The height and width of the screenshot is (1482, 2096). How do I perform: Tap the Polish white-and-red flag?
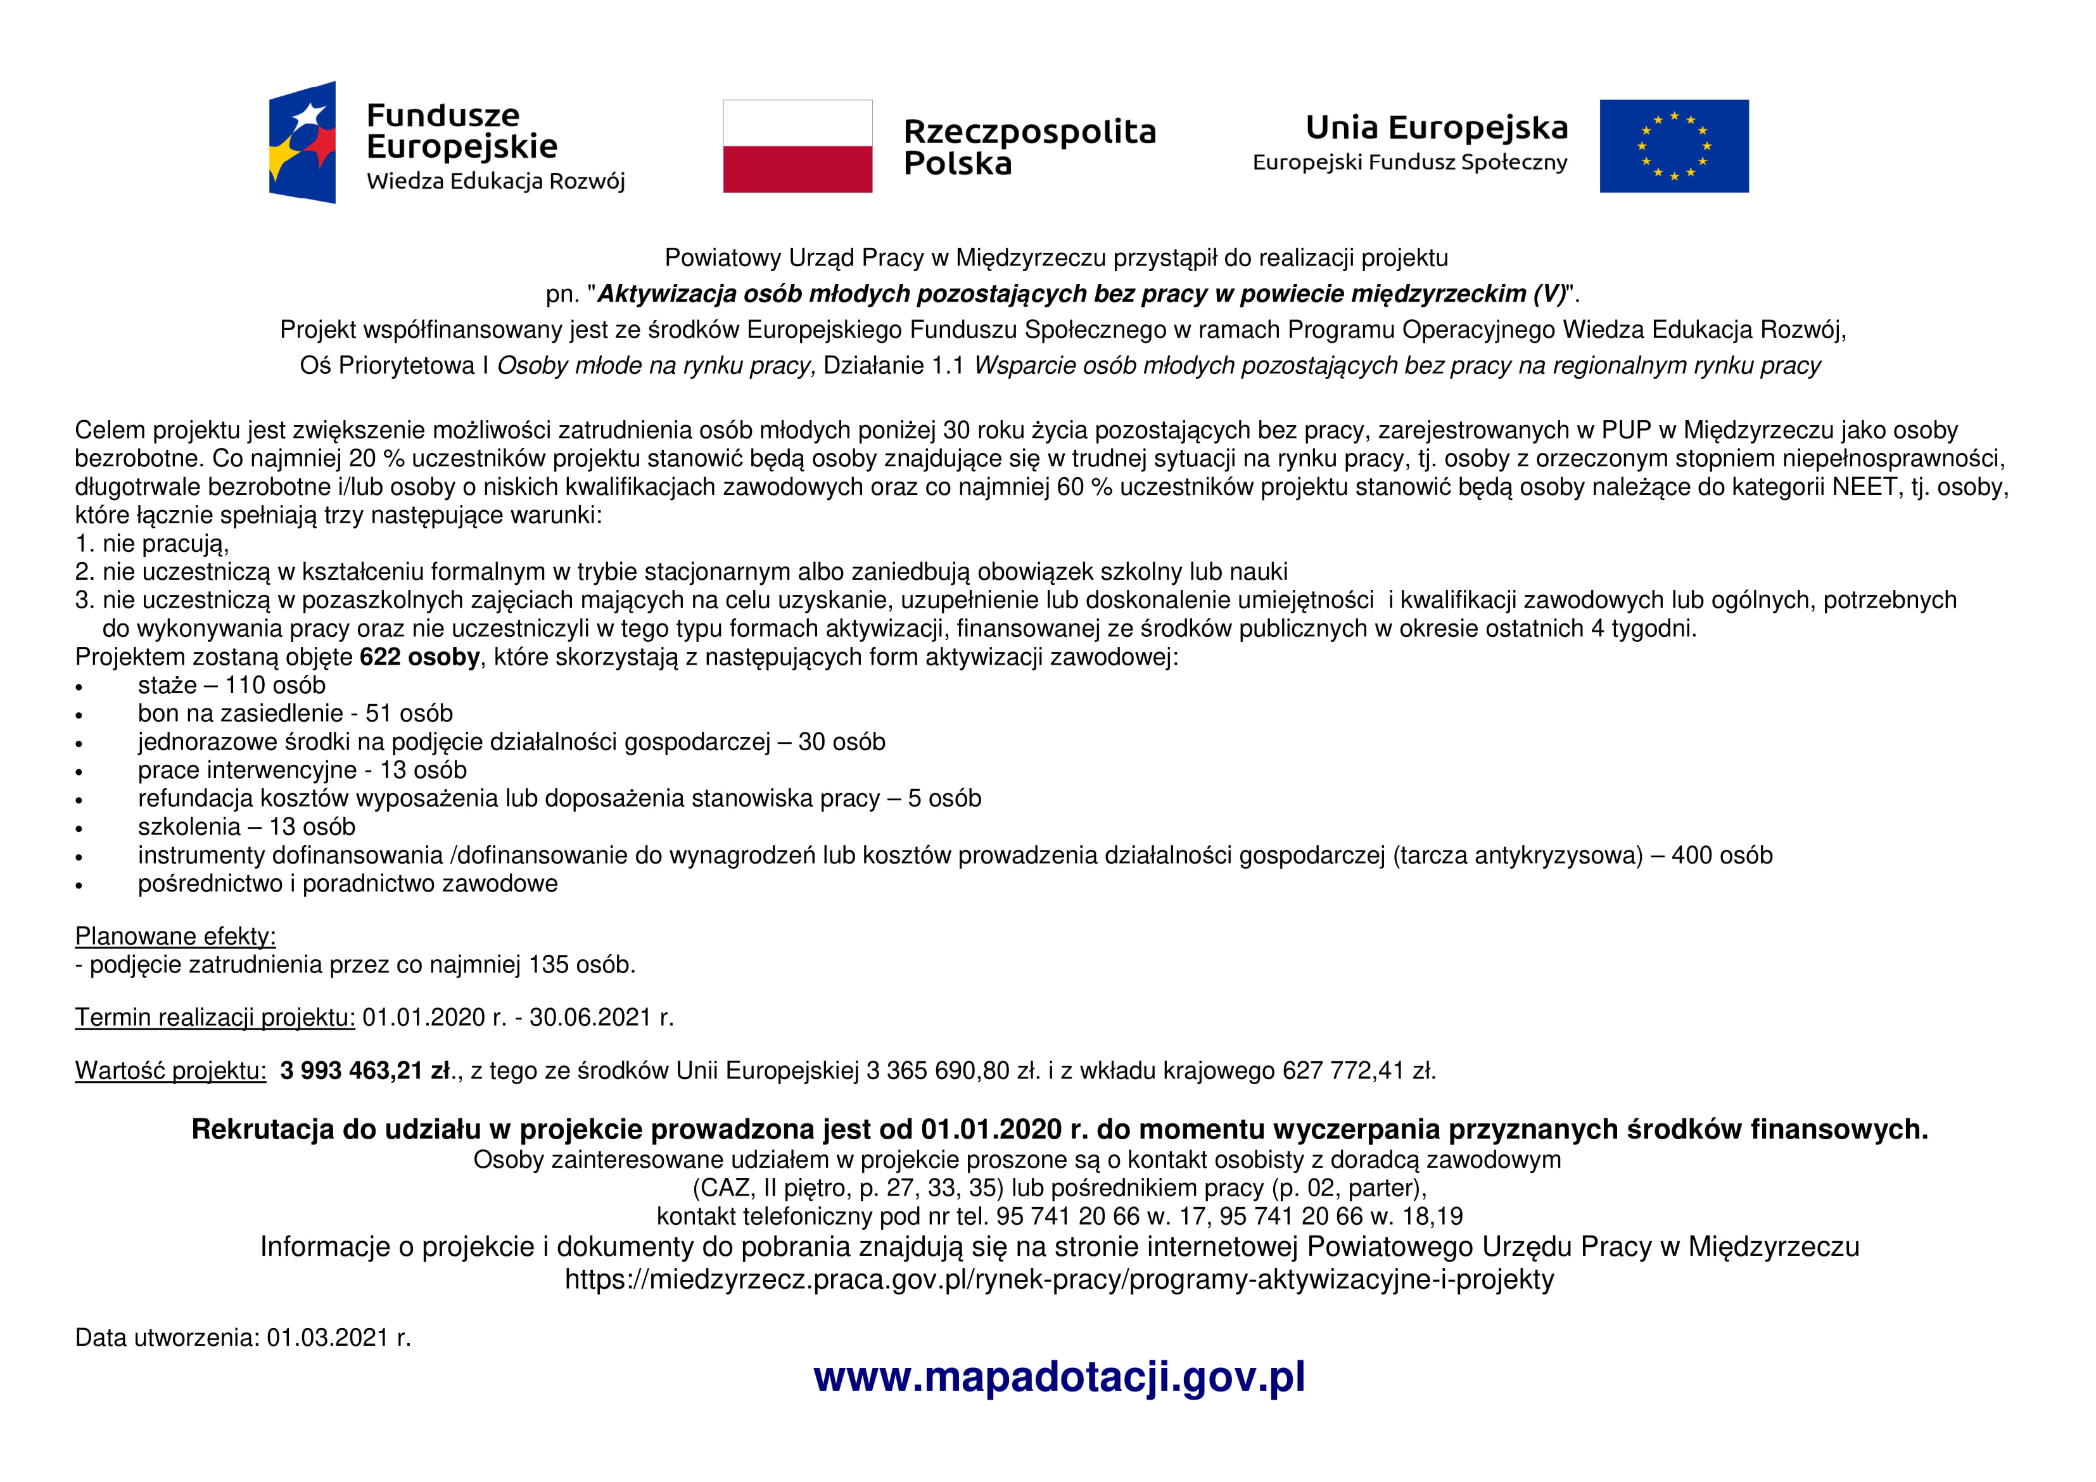click(797, 146)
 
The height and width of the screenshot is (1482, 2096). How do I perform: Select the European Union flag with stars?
click(1674, 146)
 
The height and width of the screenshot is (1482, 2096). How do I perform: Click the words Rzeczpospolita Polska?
click(1029, 147)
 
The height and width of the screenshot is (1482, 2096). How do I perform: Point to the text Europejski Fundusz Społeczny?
click(1409, 163)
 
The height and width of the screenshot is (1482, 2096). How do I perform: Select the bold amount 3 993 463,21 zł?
click(365, 1070)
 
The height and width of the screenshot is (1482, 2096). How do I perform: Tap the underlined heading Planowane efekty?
click(175, 936)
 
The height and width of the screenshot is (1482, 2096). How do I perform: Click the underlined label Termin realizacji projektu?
click(215, 1017)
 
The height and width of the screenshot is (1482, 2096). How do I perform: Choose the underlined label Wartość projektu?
click(171, 1070)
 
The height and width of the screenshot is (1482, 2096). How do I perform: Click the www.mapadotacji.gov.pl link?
click(1059, 1377)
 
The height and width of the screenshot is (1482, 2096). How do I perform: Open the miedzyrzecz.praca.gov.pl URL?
click(1059, 1279)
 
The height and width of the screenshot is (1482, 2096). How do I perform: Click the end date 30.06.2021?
click(590, 1017)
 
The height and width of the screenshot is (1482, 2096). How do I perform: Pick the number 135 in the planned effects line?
click(548, 964)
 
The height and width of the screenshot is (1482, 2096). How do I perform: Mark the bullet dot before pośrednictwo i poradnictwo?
click(79, 885)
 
